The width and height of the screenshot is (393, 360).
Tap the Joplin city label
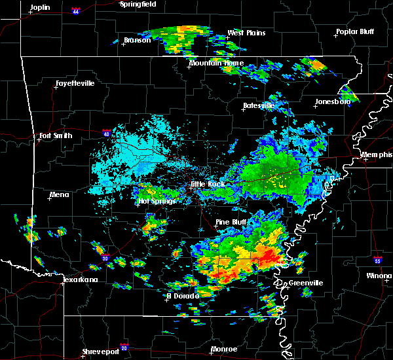tap(40, 7)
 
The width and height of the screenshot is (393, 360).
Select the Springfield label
tap(138, 4)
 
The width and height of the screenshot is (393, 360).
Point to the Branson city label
tap(137, 41)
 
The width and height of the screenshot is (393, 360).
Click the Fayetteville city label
tap(75, 84)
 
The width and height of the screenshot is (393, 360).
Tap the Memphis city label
tap(377, 155)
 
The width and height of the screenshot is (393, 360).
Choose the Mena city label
tap(59, 194)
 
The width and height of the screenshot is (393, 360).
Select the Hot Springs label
tap(156, 202)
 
